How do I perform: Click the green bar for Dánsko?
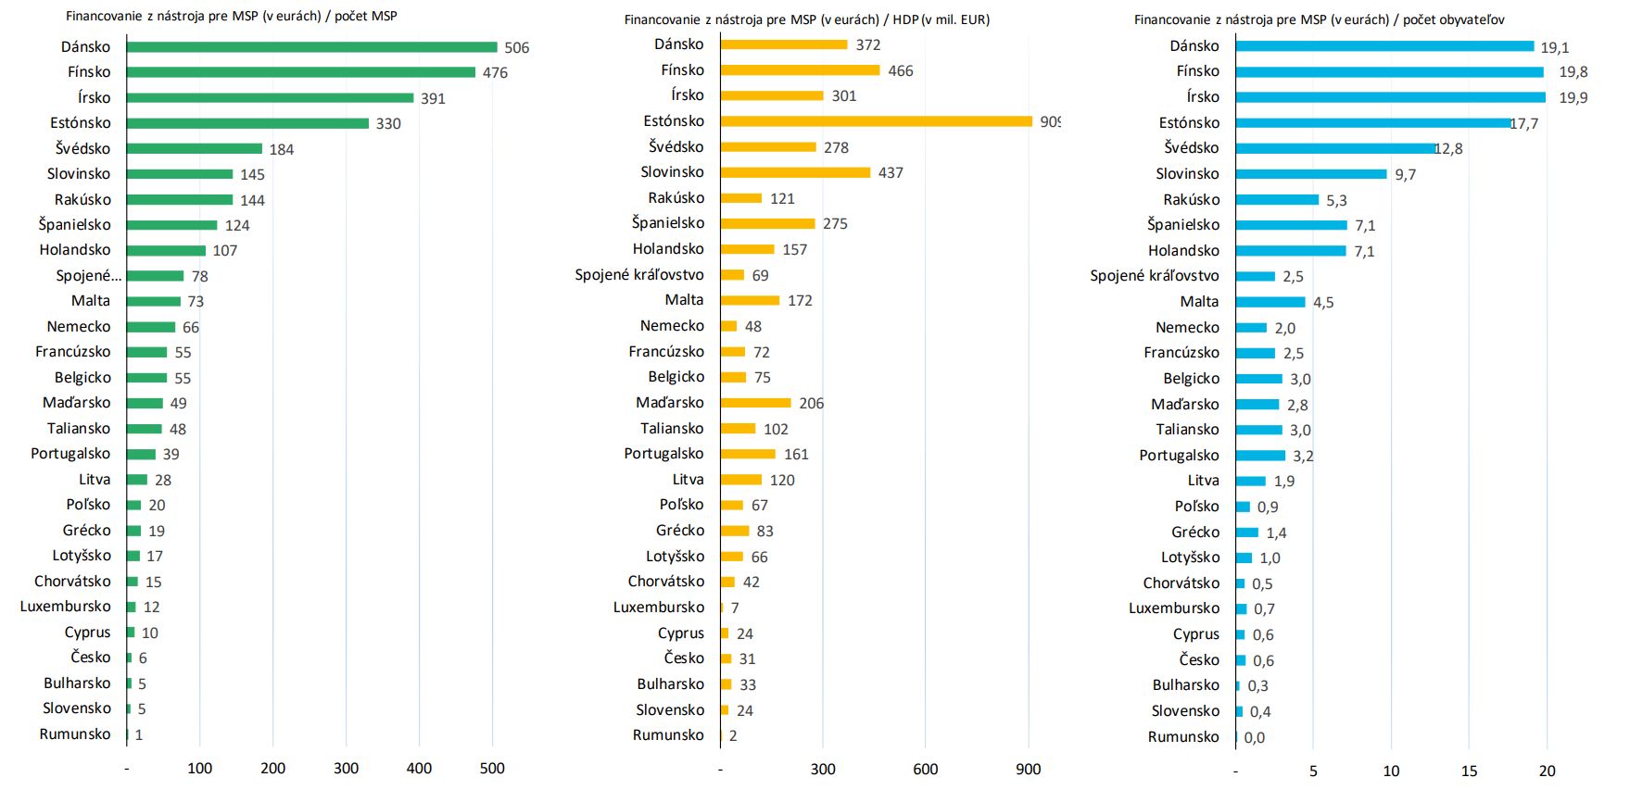(x=311, y=47)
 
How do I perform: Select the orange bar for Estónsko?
(x=876, y=121)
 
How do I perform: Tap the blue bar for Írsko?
(x=1390, y=97)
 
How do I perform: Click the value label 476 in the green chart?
(x=495, y=72)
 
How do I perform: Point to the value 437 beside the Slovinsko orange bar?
(x=891, y=172)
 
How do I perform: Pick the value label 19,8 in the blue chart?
(x=1573, y=72)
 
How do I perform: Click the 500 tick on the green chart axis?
(x=492, y=768)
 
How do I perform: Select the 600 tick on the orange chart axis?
(x=925, y=769)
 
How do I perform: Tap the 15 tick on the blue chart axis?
(x=1469, y=771)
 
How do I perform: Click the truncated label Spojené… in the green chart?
(x=88, y=275)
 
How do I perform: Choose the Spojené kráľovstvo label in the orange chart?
(x=638, y=275)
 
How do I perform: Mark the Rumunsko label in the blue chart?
(x=1183, y=736)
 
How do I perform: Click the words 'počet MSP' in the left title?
(x=365, y=16)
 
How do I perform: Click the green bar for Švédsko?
(x=195, y=148)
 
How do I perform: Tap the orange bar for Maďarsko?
(x=755, y=403)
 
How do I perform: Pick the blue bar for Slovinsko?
(x=1311, y=174)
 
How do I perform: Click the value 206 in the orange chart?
(x=811, y=403)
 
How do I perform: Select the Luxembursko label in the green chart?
(x=65, y=607)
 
